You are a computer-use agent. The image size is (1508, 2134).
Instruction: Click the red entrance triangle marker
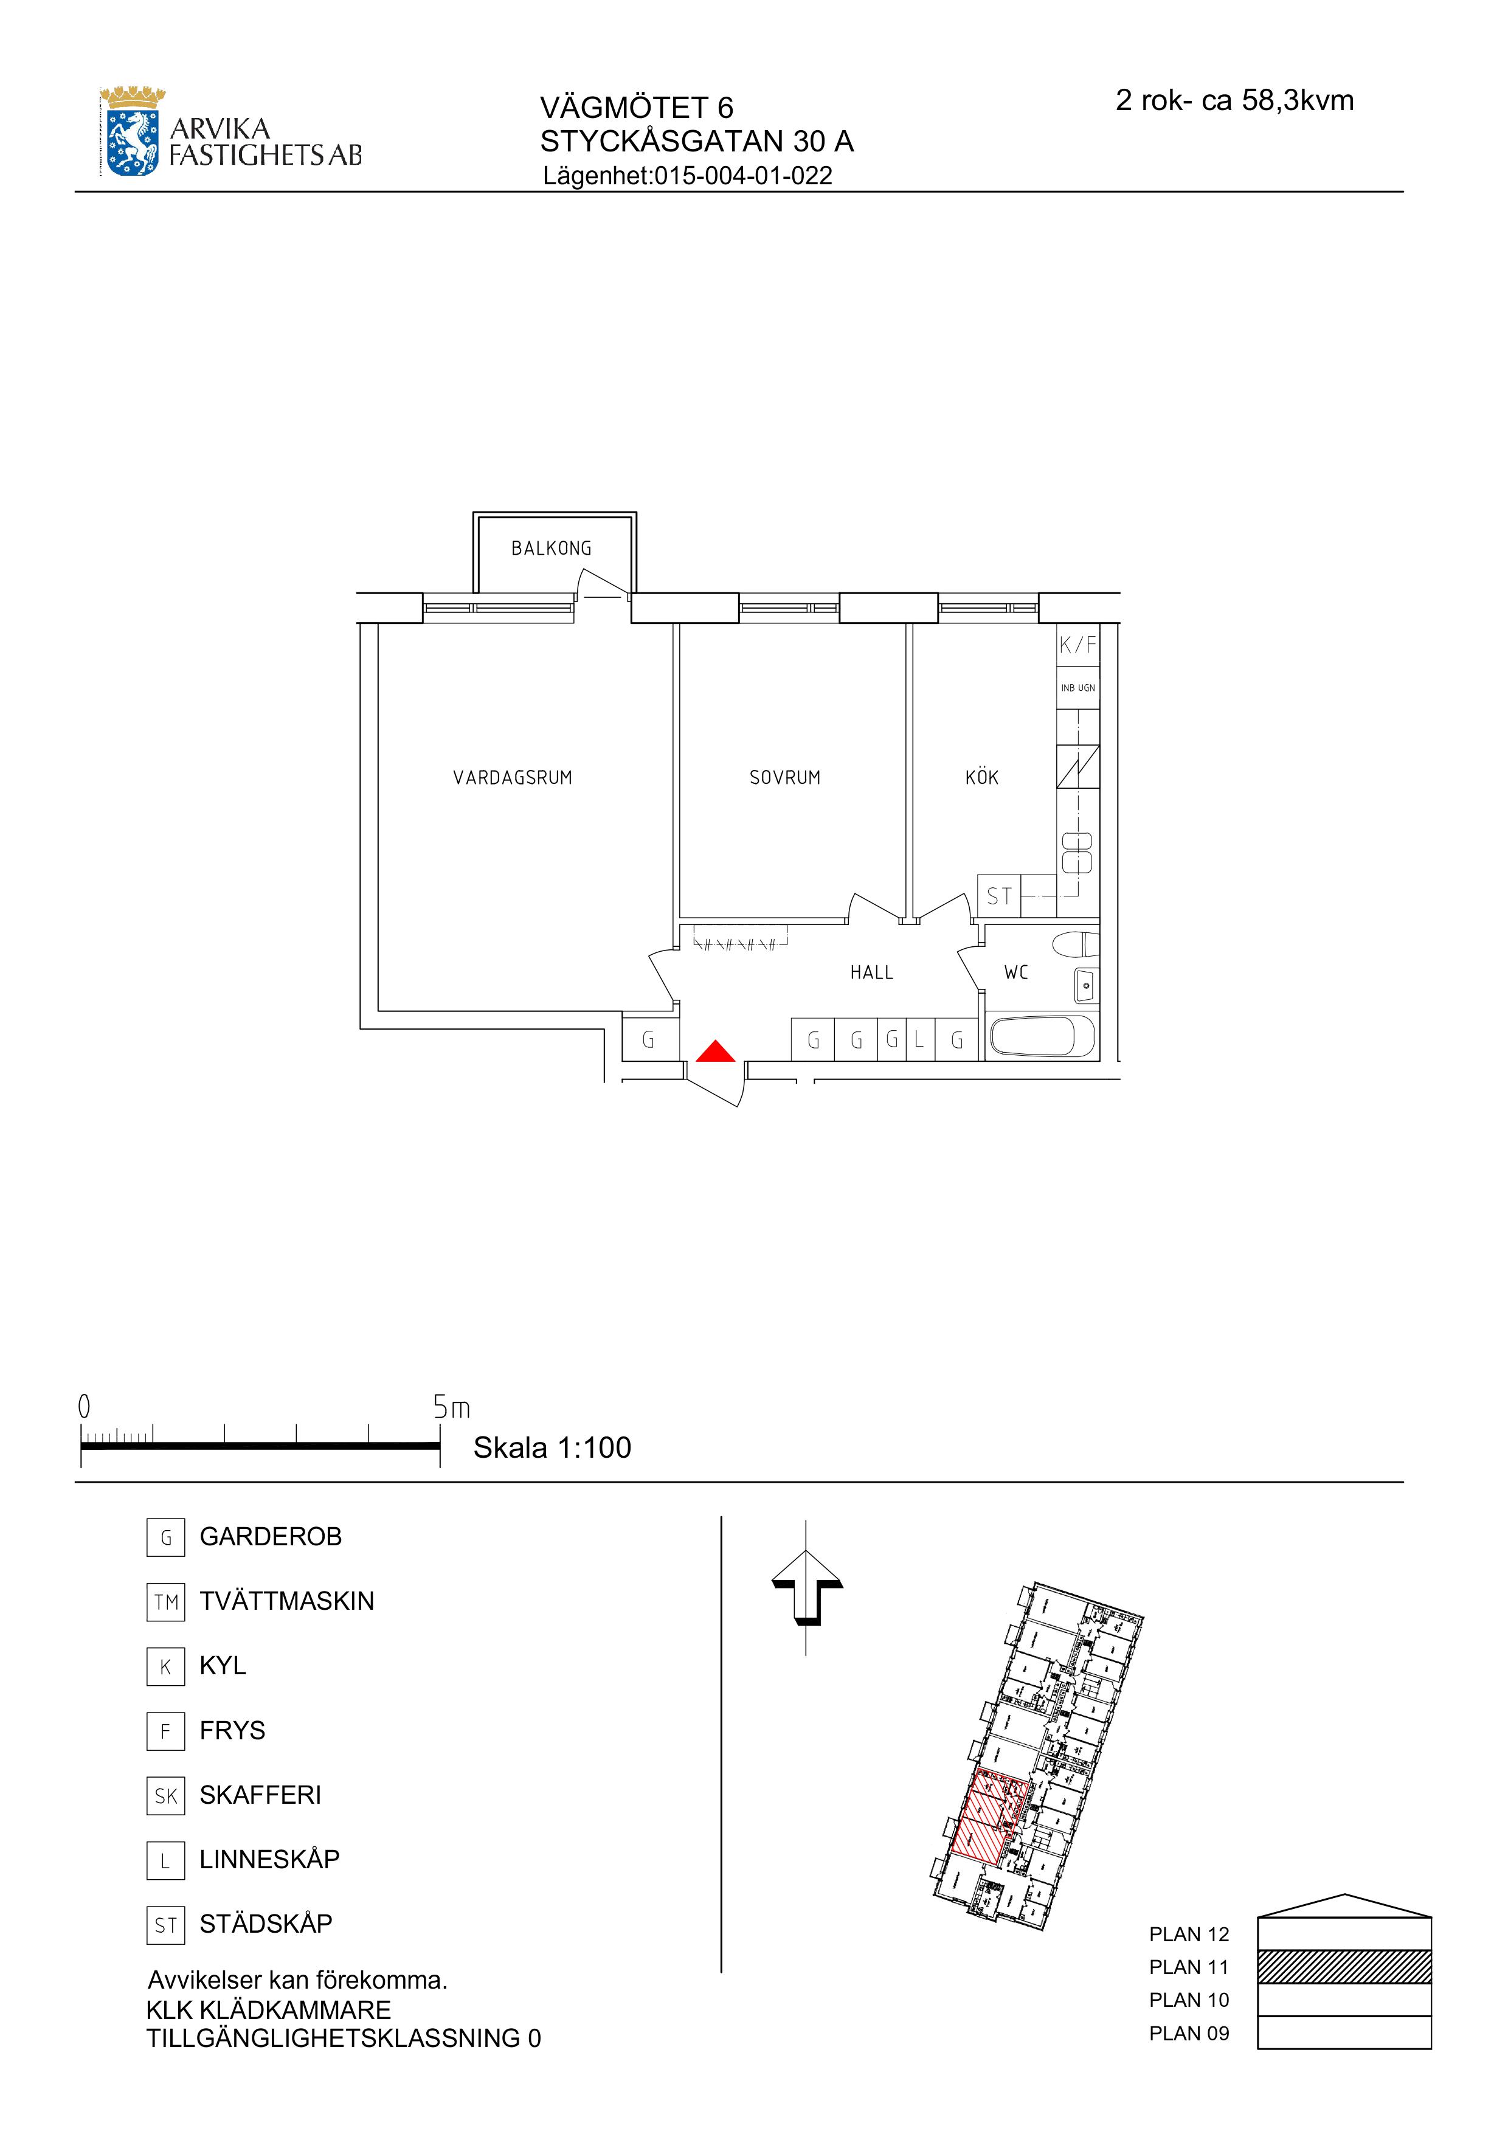pyautogui.click(x=716, y=1051)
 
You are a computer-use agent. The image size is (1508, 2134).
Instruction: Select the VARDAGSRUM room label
pyautogui.click(x=513, y=778)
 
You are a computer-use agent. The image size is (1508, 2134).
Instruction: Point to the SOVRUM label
pyautogui.click(x=785, y=778)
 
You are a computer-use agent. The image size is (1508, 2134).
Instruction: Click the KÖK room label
pyautogui.click(x=982, y=777)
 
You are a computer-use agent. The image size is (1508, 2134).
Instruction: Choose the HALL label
pyautogui.click(x=871, y=973)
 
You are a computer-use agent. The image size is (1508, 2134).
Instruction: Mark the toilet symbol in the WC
pyautogui.click(x=1076, y=945)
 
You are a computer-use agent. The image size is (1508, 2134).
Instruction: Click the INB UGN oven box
pyautogui.click(x=1078, y=688)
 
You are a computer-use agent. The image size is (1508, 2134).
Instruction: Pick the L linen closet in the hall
pyautogui.click(x=919, y=1040)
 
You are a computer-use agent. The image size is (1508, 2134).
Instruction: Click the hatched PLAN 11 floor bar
pyautogui.click(x=1344, y=1967)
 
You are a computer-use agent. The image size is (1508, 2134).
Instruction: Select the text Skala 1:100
pyautogui.click(x=552, y=1447)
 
